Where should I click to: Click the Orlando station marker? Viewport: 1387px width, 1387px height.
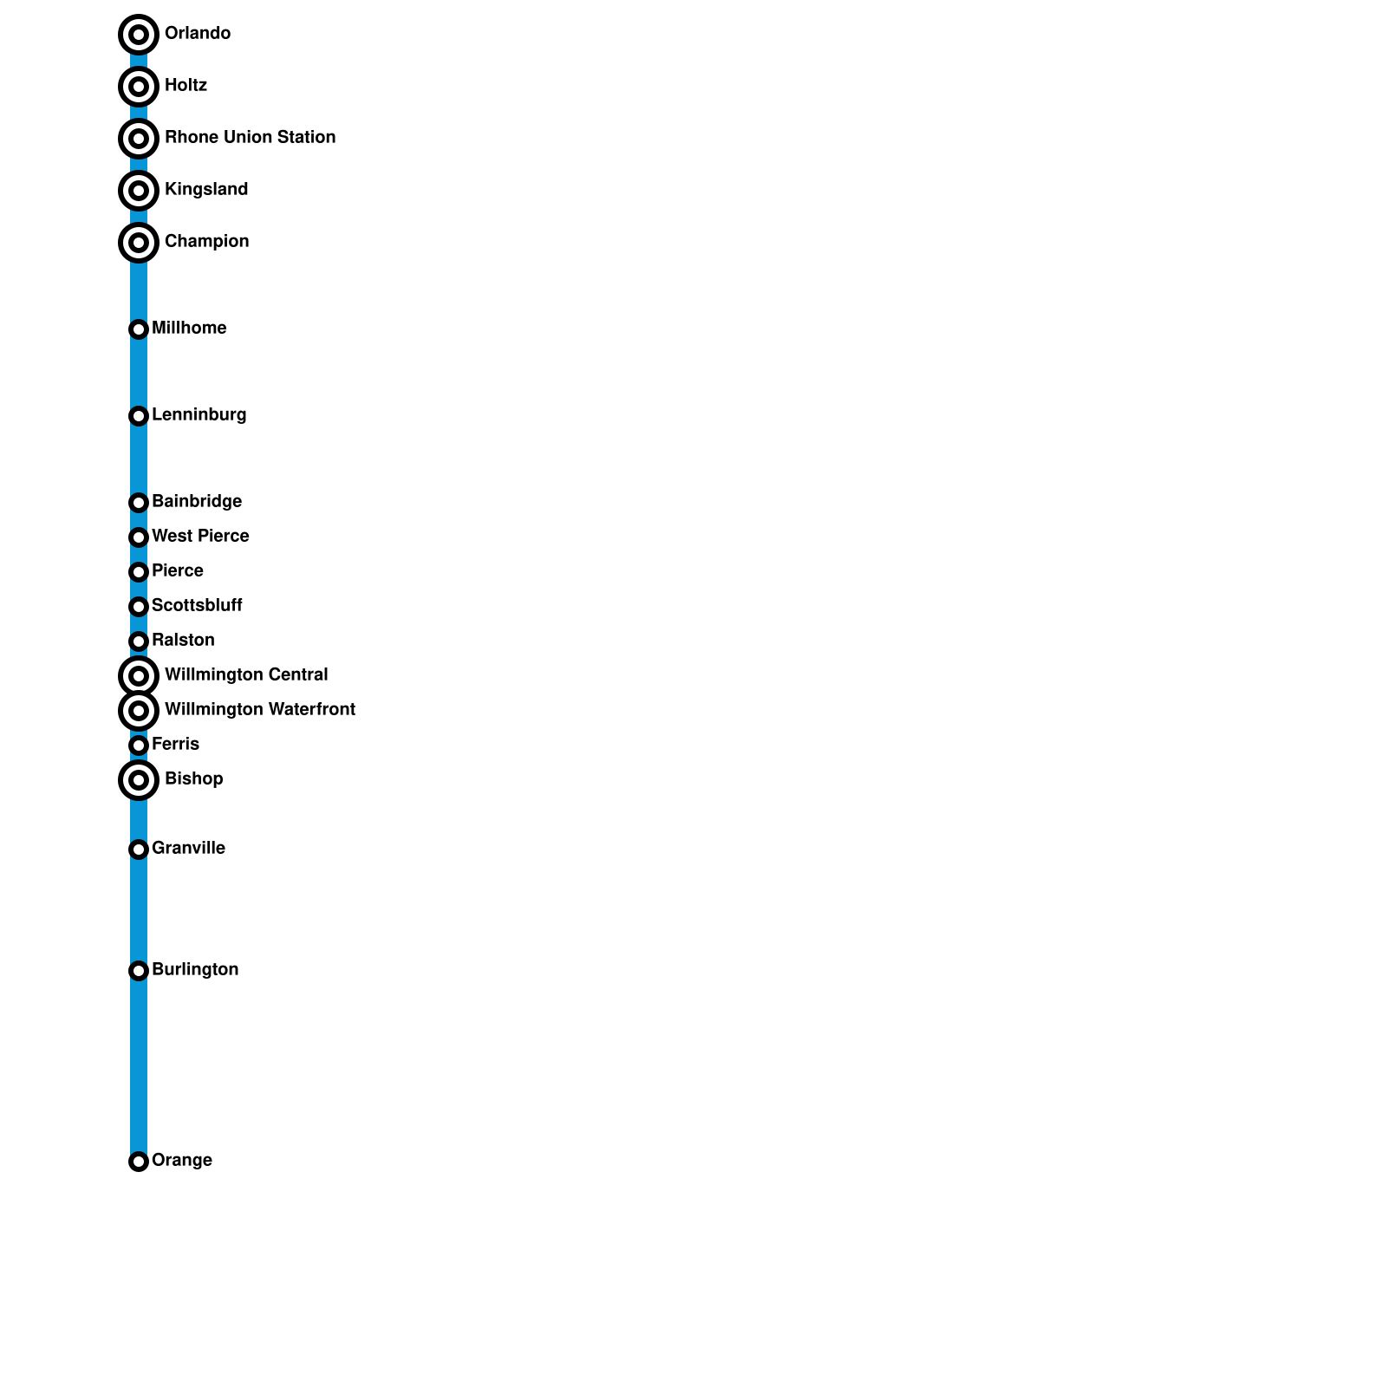click(139, 35)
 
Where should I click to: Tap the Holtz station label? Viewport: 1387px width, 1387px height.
click(186, 85)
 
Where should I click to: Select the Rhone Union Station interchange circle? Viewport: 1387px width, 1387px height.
click(139, 139)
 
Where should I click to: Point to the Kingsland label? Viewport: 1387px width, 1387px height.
click(206, 189)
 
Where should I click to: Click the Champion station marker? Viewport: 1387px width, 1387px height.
click(139, 243)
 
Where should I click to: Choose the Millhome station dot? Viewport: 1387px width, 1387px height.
click(139, 329)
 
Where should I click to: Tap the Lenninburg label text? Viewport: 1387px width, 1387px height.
click(199, 414)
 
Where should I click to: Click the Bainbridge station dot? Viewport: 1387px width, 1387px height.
click(139, 503)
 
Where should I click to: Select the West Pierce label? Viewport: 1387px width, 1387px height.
click(200, 536)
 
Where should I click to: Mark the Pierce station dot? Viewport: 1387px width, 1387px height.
click(139, 572)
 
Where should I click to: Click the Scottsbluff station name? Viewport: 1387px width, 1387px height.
click(197, 605)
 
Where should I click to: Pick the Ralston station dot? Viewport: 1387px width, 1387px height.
click(139, 641)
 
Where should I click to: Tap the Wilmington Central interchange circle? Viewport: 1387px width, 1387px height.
click(139, 676)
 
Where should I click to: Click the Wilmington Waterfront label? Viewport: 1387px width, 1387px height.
click(260, 709)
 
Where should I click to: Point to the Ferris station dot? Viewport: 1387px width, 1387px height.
click(139, 746)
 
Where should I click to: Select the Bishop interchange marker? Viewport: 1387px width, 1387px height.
click(139, 780)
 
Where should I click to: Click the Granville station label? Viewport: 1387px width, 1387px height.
click(188, 848)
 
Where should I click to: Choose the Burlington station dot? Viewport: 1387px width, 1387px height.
click(139, 971)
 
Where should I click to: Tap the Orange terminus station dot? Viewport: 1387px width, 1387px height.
click(139, 1162)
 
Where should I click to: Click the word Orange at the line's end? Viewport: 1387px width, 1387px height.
click(182, 1160)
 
